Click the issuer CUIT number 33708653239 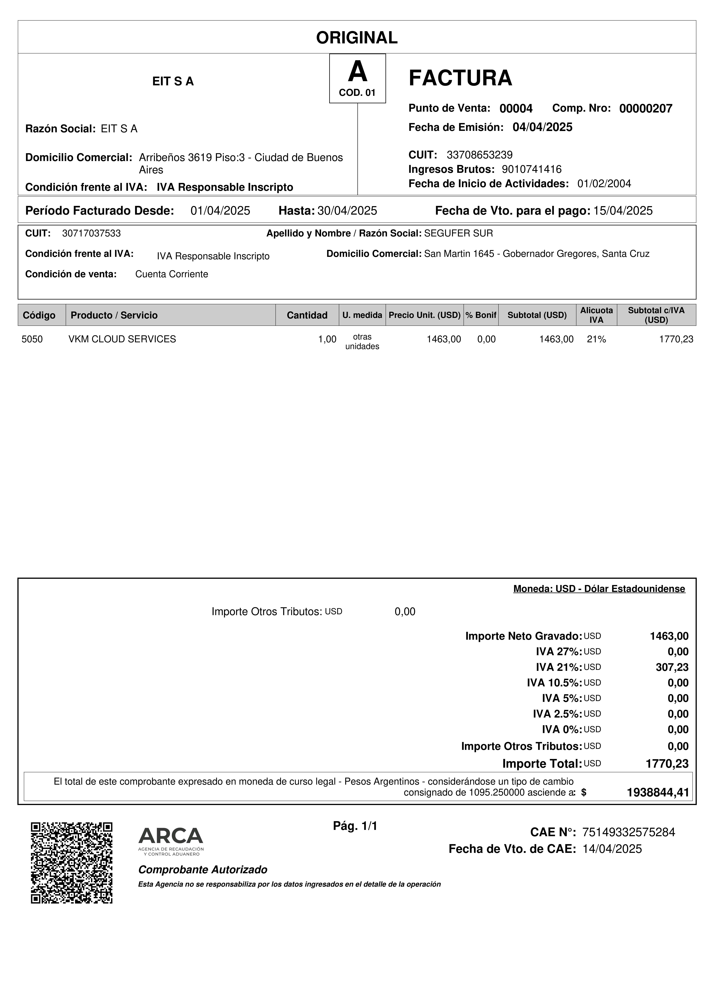click(x=479, y=155)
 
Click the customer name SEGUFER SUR click(x=458, y=233)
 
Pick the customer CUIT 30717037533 click(x=91, y=233)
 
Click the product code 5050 click(x=32, y=339)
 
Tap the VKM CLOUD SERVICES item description click(x=122, y=339)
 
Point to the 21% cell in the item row click(x=596, y=339)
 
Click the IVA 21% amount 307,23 click(x=672, y=667)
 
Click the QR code click(x=72, y=862)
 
